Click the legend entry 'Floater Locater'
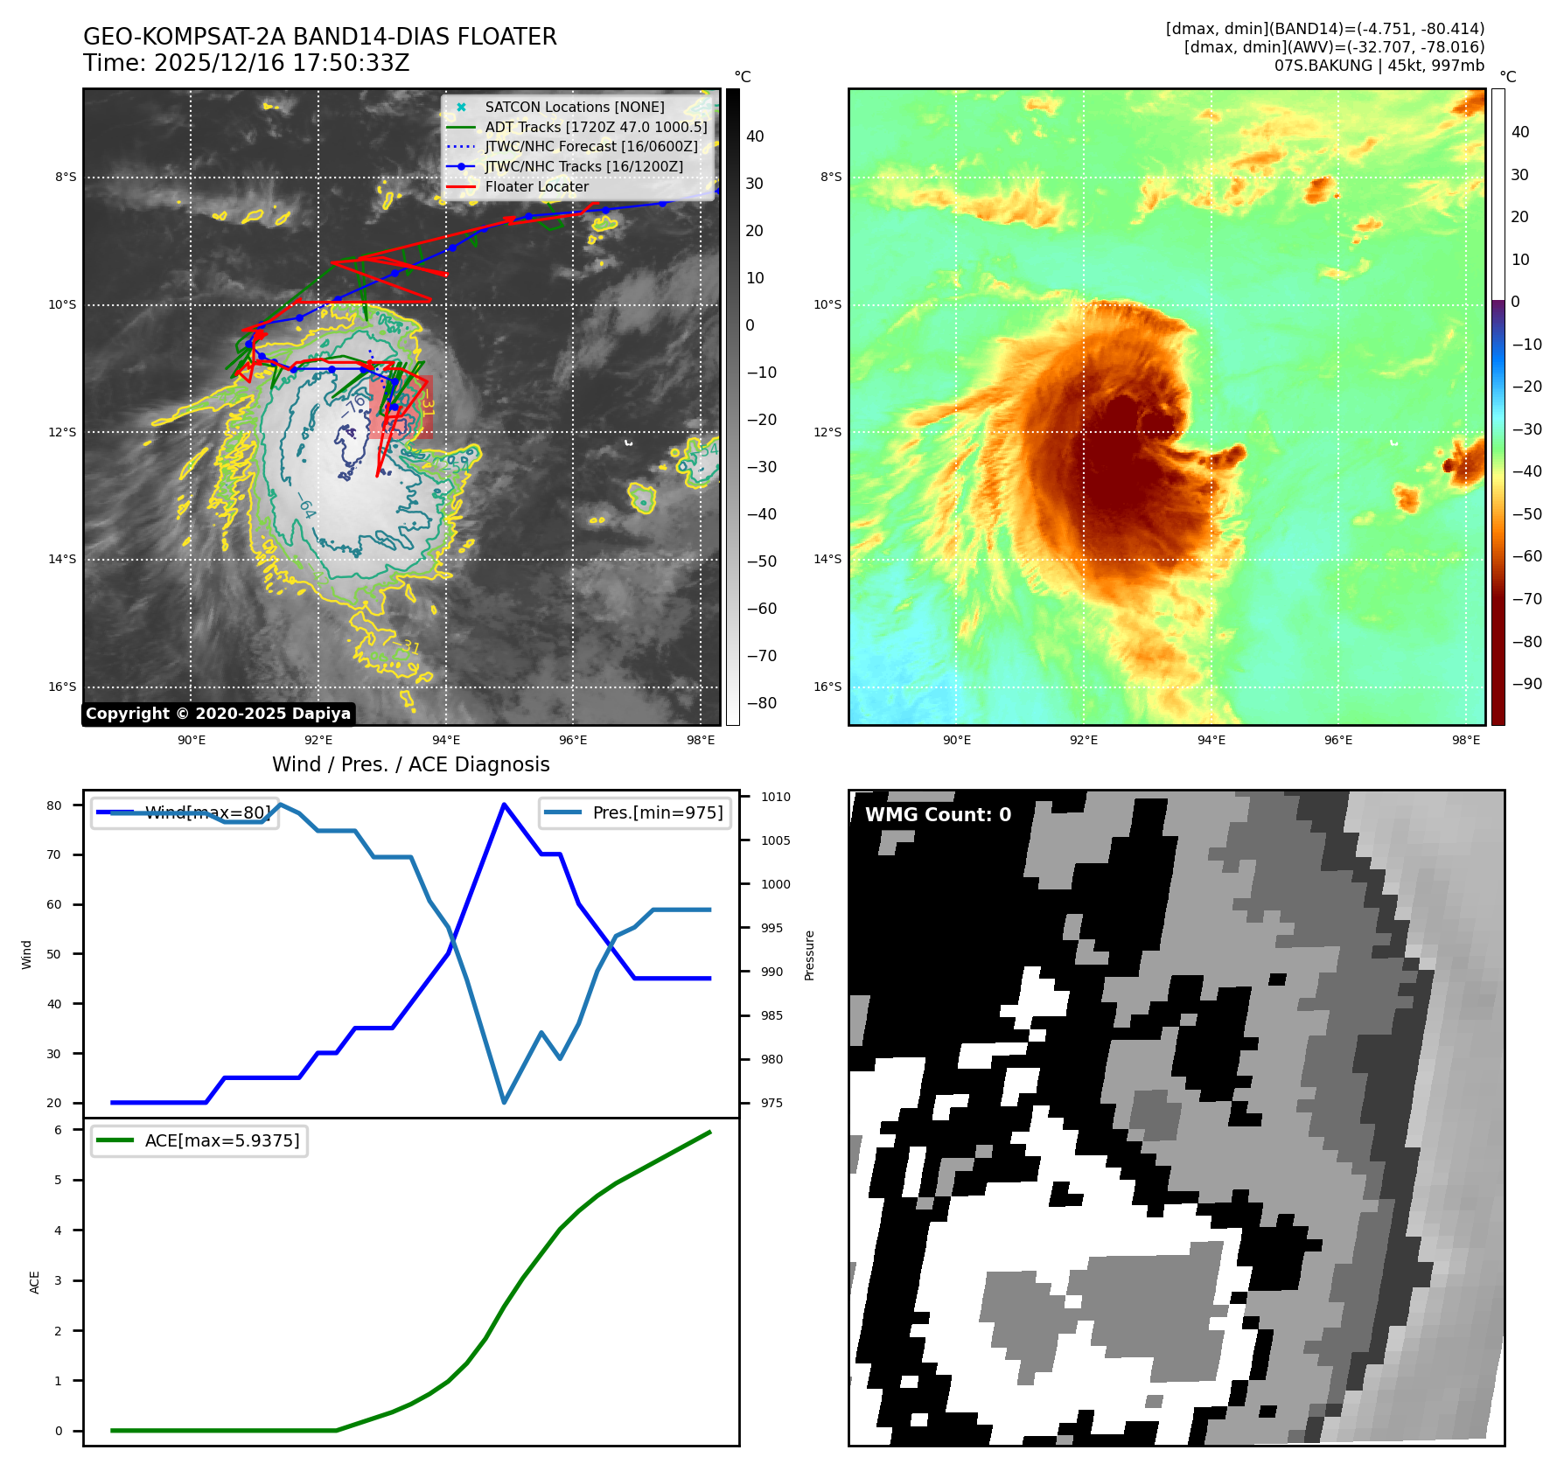point(536,186)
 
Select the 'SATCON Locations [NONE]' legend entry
point(574,107)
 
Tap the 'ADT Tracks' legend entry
point(595,127)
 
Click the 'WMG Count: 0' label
point(938,814)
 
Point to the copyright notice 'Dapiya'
point(218,714)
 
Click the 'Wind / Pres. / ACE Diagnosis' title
point(410,764)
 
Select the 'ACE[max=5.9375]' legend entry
point(221,1140)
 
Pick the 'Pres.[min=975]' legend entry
point(657,812)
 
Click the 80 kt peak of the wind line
point(504,804)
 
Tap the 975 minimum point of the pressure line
point(504,1102)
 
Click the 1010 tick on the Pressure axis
point(775,797)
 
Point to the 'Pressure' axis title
point(809,955)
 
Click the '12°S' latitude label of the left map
point(62,432)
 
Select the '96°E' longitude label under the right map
point(1337,740)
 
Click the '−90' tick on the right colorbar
point(1527,684)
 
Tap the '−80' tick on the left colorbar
point(761,703)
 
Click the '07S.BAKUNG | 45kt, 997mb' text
point(1379,66)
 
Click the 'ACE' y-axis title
point(35,1282)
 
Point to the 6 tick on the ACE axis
point(59,1130)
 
